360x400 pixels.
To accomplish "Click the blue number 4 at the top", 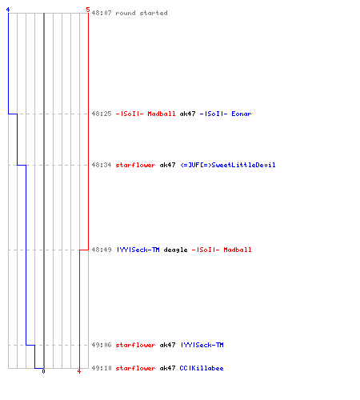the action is [x=8, y=10].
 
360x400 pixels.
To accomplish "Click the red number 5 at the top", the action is [x=88, y=10].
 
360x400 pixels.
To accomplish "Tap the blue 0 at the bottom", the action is [x=43, y=371].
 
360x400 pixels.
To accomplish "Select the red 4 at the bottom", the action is [x=79, y=371].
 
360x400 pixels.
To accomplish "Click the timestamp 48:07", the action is [x=102, y=13].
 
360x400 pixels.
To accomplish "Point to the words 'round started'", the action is [x=142, y=13].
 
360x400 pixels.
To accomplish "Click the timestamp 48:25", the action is [x=102, y=114].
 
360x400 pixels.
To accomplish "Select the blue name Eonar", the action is [x=242, y=114].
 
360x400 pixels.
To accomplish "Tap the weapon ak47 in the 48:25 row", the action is [x=187, y=114].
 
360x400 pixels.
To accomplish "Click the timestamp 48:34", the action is [x=102, y=165].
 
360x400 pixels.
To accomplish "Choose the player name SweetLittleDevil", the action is [x=243, y=165].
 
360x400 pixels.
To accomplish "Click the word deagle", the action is [x=175, y=250].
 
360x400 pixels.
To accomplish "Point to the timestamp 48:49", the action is [x=102, y=250].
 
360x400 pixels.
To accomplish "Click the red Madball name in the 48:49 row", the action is [x=238, y=250].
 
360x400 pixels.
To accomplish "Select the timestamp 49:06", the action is [x=102, y=345].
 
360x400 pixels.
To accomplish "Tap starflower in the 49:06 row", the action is [x=135, y=345].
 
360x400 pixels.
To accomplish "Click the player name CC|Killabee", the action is [x=202, y=368].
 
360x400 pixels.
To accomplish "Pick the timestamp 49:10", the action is [x=102, y=368].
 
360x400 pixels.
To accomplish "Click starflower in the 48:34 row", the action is [x=135, y=165].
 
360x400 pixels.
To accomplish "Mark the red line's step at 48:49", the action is [x=84, y=250].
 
